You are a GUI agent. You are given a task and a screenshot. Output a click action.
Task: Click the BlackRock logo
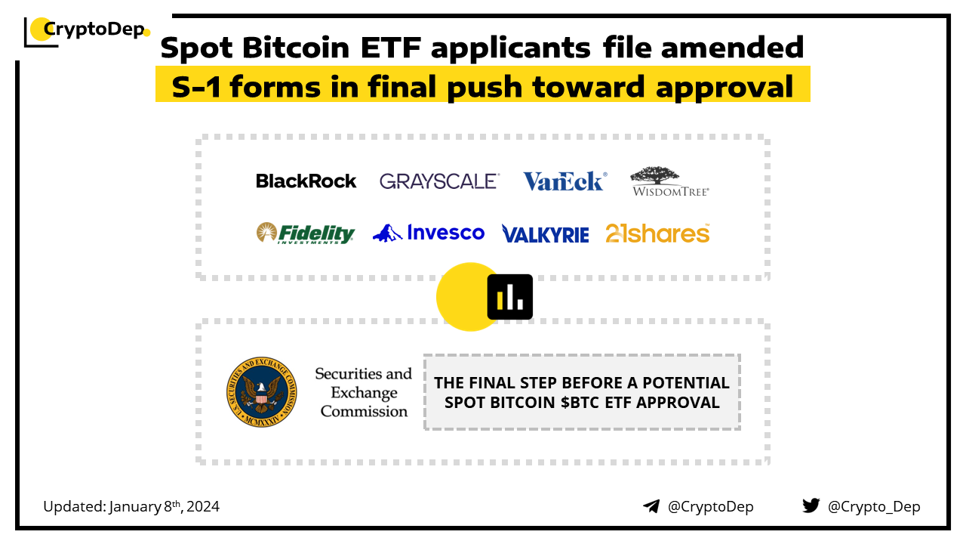coord(306,181)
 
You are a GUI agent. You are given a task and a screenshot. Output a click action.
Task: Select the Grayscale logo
coord(438,181)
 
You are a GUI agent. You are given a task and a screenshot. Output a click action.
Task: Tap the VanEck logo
coord(564,181)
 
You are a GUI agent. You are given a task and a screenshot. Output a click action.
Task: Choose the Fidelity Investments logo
coord(305,233)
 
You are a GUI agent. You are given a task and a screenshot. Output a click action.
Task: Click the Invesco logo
coord(429,233)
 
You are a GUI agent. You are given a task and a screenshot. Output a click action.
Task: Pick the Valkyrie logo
coord(545,234)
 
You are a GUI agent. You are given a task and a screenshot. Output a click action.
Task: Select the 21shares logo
coord(657,233)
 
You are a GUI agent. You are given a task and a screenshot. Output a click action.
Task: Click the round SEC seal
coord(261,391)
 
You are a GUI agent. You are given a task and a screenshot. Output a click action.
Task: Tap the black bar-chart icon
coord(510,296)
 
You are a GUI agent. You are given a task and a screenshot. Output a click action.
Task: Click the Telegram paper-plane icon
coord(651,506)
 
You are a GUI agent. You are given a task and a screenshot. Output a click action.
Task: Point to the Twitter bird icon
coord(811,506)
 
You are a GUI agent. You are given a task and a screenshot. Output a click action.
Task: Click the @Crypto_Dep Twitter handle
coord(874,507)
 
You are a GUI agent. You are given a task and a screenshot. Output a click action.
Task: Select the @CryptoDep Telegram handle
coord(710,507)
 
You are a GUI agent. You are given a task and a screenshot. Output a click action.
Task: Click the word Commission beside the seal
coord(364,412)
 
